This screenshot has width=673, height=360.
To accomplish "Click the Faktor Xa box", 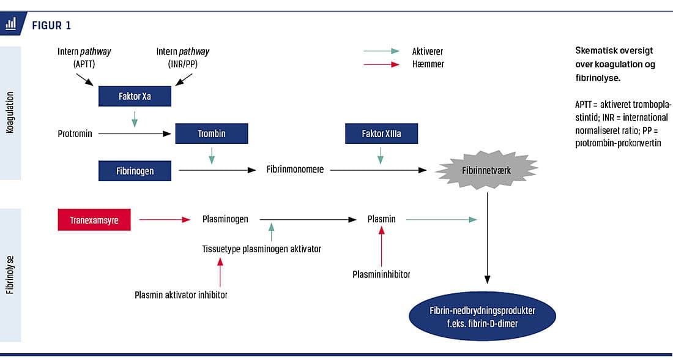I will tap(134, 96).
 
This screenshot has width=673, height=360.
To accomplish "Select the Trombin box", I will tap(211, 133).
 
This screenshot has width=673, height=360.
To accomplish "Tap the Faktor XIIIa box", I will tap(381, 133).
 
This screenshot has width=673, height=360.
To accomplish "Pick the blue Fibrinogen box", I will tap(134, 171).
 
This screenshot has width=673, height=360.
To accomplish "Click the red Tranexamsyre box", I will tap(94, 219).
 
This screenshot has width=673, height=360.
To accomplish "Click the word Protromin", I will tap(75, 133).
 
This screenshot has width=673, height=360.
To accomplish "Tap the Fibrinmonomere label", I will tap(295, 170).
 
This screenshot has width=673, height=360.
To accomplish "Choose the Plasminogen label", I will tap(225, 219).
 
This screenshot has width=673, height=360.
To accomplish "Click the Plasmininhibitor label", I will tap(381, 274).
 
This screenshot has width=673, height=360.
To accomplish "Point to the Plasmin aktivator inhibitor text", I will tap(181, 294).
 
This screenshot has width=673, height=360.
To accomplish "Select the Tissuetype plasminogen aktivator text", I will tap(261, 249).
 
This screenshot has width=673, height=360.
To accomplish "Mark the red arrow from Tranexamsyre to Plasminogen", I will tap(165, 219).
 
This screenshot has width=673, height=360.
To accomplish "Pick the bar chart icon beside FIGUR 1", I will tap(11, 24).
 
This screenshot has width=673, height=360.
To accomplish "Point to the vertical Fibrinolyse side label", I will tap(10, 275).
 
